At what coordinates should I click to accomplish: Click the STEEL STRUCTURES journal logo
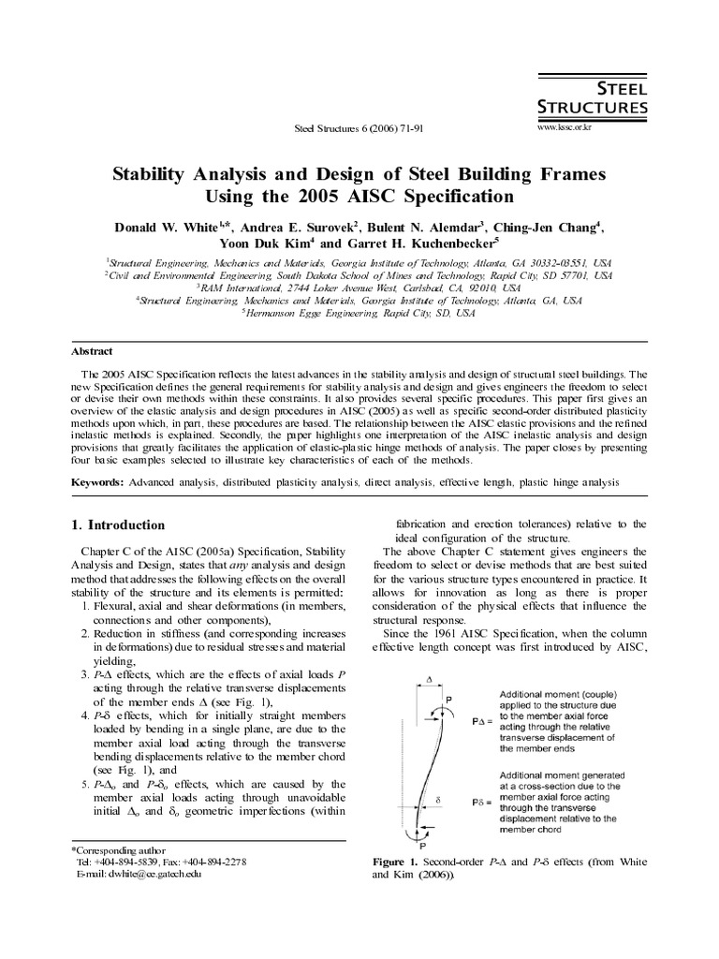592,96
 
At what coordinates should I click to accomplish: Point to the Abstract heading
92,351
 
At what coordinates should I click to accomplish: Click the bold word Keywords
97,481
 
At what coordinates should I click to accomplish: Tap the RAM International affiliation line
359,289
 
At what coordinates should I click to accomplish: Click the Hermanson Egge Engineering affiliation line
359,314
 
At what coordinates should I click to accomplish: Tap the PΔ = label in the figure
482,722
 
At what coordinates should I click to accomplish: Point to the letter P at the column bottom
410,844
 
